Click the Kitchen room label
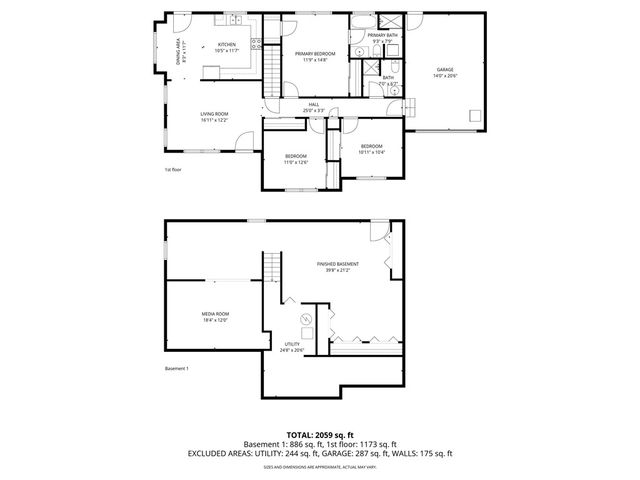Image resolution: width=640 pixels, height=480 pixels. click(227, 44)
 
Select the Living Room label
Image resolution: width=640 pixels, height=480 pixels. click(213, 114)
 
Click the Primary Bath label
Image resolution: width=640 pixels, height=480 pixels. click(382, 35)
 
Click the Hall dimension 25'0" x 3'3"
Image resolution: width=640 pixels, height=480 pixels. click(313, 110)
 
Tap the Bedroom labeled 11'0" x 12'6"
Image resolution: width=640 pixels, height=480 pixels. click(295, 156)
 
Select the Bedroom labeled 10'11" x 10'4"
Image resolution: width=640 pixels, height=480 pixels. click(371, 146)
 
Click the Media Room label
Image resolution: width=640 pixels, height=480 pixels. click(215, 314)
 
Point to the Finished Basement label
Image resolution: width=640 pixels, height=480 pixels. click(338, 264)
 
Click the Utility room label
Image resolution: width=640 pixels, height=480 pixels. click(291, 344)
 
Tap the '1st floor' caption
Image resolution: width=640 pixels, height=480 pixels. click(173, 169)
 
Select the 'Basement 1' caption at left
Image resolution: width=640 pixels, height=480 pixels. click(177, 369)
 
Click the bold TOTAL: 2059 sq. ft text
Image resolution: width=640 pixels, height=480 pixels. click(320, 435)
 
